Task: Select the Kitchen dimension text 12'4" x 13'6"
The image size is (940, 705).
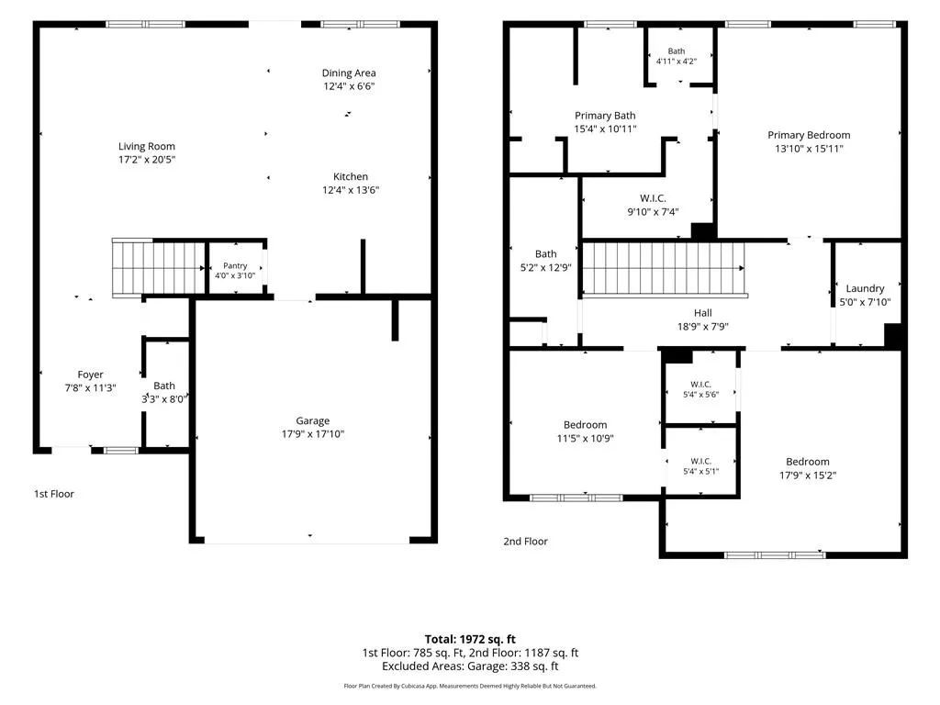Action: tap(351, 190)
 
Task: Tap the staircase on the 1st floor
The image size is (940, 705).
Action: tap(159, 268)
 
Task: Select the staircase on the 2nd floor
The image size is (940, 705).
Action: tap(664, 269)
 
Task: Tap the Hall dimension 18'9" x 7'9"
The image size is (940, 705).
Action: tap(702, 327)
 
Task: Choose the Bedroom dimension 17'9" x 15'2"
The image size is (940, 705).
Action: tap(808, 476)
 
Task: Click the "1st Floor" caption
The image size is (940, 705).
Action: tap(54, 494)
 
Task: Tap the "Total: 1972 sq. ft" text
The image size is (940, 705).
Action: tap(470, 639)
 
